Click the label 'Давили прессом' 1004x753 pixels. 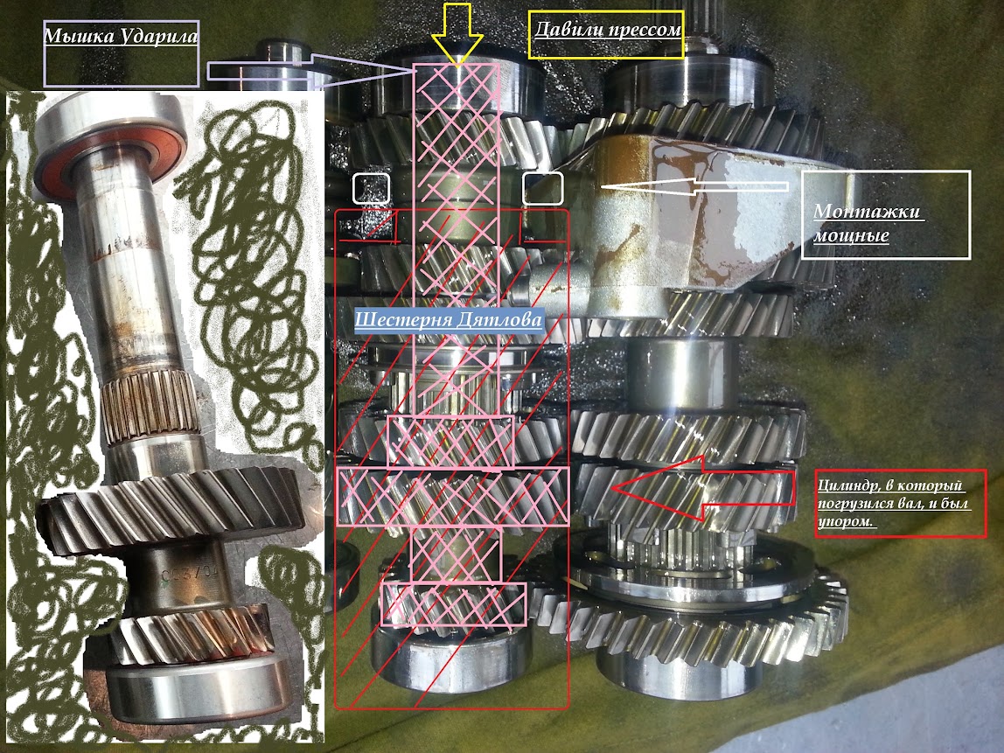click(x=607, y=30)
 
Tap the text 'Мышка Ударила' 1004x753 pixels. click(x=121, y=35)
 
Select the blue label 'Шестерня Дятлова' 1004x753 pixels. click(x=448, y=319)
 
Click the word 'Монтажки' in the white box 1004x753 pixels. click(x=869, y=212)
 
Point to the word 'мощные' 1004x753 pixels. click(x=852, y=234)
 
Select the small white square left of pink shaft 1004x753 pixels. click(x=371, y=188)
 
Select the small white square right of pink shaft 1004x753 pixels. click(x=543, y=188)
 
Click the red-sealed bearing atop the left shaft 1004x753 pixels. click(x=108, y=146)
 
